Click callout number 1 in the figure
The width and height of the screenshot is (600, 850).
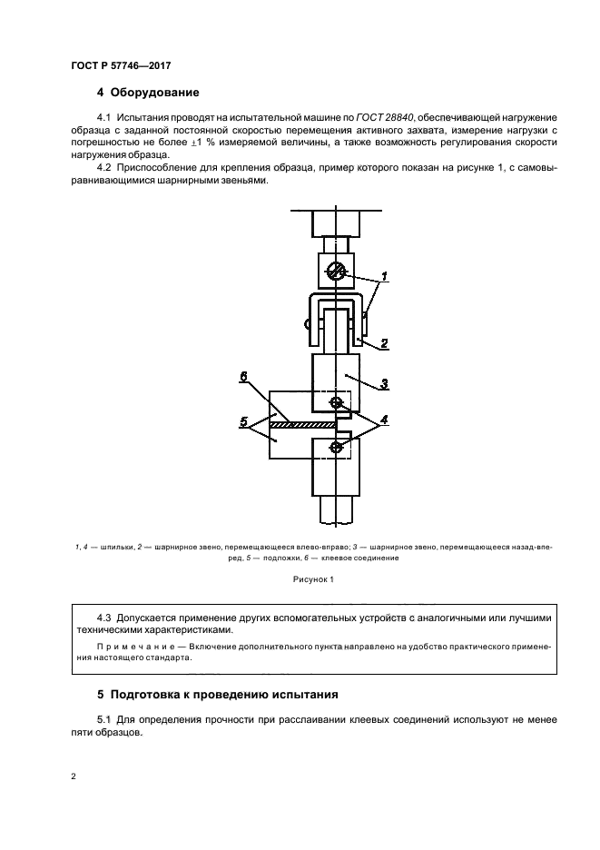click(x=384, y=275)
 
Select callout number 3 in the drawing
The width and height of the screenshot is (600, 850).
click(x=384, y=383)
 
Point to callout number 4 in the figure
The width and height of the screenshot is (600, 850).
click(x=385, y=420)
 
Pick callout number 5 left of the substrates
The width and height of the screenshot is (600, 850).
click(x=242, y=421)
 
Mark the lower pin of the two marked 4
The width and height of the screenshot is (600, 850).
click(x=336, y=447)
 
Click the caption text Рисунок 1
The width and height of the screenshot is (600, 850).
click(x=313, y=578)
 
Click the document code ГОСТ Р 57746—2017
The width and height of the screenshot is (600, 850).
click(x=121, y=66)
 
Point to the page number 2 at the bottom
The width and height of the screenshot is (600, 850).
click(x=73, y=778)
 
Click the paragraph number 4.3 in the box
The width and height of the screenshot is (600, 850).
click(x=106, y=618)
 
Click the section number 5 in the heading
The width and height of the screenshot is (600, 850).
click(x=100, y=695)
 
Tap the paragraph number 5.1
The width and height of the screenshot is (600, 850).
click(x=106, y=720)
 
